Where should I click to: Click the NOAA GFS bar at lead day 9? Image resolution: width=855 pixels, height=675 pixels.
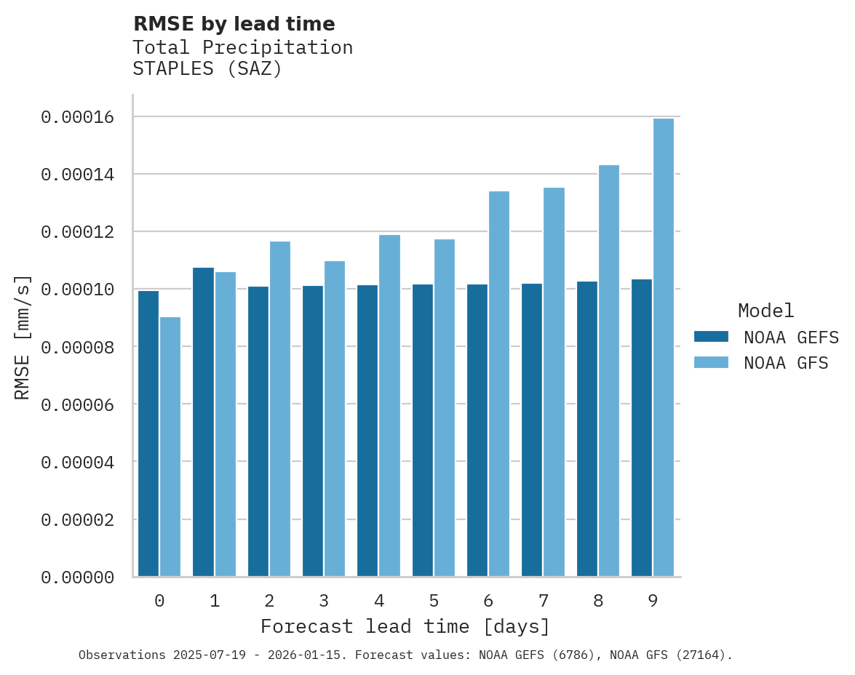click(664, 348)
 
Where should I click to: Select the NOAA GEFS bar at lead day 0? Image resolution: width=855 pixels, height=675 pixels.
click(148, 434)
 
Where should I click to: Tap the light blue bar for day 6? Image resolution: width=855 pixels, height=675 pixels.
click(499, 384)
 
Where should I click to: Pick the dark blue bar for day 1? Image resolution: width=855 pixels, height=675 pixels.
click(203, 422)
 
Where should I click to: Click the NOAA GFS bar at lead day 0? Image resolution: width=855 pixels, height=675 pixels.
click(170, 447)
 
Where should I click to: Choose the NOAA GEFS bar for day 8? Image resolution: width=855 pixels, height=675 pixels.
click(587, 429)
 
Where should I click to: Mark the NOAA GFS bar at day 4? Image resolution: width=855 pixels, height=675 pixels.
click(389, 406)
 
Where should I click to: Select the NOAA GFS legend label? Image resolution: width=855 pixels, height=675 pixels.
click(786, 362)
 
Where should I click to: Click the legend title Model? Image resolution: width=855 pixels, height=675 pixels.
click(765, 311)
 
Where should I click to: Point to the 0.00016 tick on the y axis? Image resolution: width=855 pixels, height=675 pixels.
click(77, 117)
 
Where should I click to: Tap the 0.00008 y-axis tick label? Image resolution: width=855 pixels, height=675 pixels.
click(77, 347)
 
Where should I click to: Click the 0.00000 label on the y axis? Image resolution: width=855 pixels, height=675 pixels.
click(77, 578)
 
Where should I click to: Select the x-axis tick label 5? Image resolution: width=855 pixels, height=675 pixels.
click(434, 601)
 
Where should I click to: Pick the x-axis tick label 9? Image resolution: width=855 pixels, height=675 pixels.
click(653, 601)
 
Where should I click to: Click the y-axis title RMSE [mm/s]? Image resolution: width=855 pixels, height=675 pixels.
click(23, 337)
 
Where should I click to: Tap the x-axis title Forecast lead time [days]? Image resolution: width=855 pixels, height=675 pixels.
click(405, 626)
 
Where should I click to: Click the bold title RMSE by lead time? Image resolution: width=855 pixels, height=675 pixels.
click(234, 24)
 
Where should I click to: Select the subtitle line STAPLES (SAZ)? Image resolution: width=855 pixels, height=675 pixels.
click(207, 69)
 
